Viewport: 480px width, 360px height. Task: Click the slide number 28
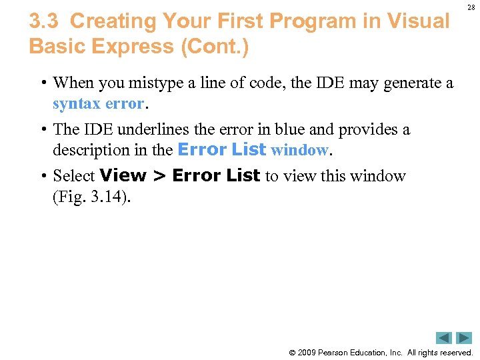coord(471,7)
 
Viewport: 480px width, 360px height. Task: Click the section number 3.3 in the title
coord(45,21)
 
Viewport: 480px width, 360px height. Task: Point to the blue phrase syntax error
coord(99,104)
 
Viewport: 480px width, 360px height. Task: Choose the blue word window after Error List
coord(299,150)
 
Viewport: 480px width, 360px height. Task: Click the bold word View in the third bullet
coord(123,175)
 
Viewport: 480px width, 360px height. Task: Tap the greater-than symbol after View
coord(159,176)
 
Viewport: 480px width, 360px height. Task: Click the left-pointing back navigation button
coord(444,338)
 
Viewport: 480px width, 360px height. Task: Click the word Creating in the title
coord(113,21)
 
